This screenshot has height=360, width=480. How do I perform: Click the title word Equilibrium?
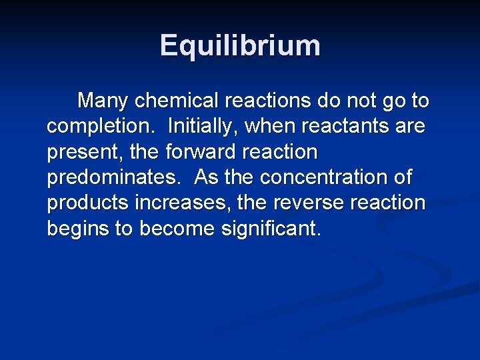(240, 46)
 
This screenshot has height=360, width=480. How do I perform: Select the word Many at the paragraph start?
(103, 101)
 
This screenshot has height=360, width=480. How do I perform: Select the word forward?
(197, 152)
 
